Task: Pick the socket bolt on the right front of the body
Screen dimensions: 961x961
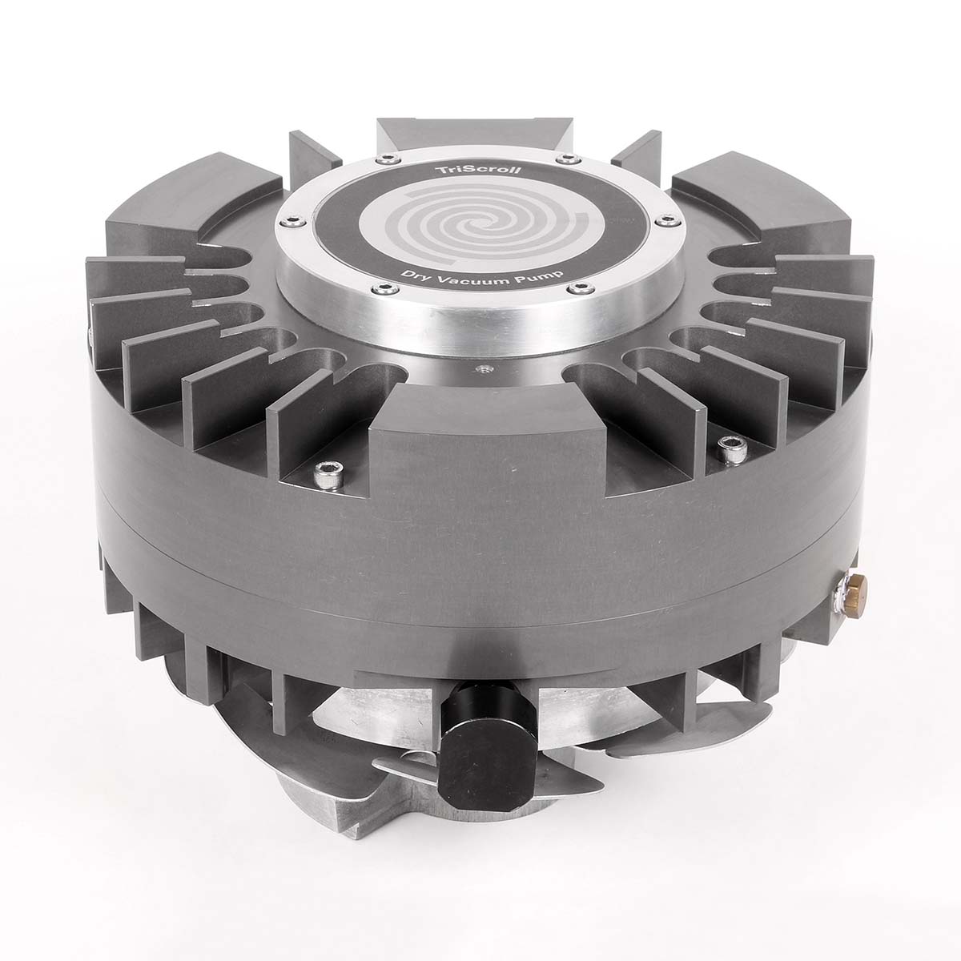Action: click(x=732, y=450)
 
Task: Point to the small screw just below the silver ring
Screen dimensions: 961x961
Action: click(x=481, y=369)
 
